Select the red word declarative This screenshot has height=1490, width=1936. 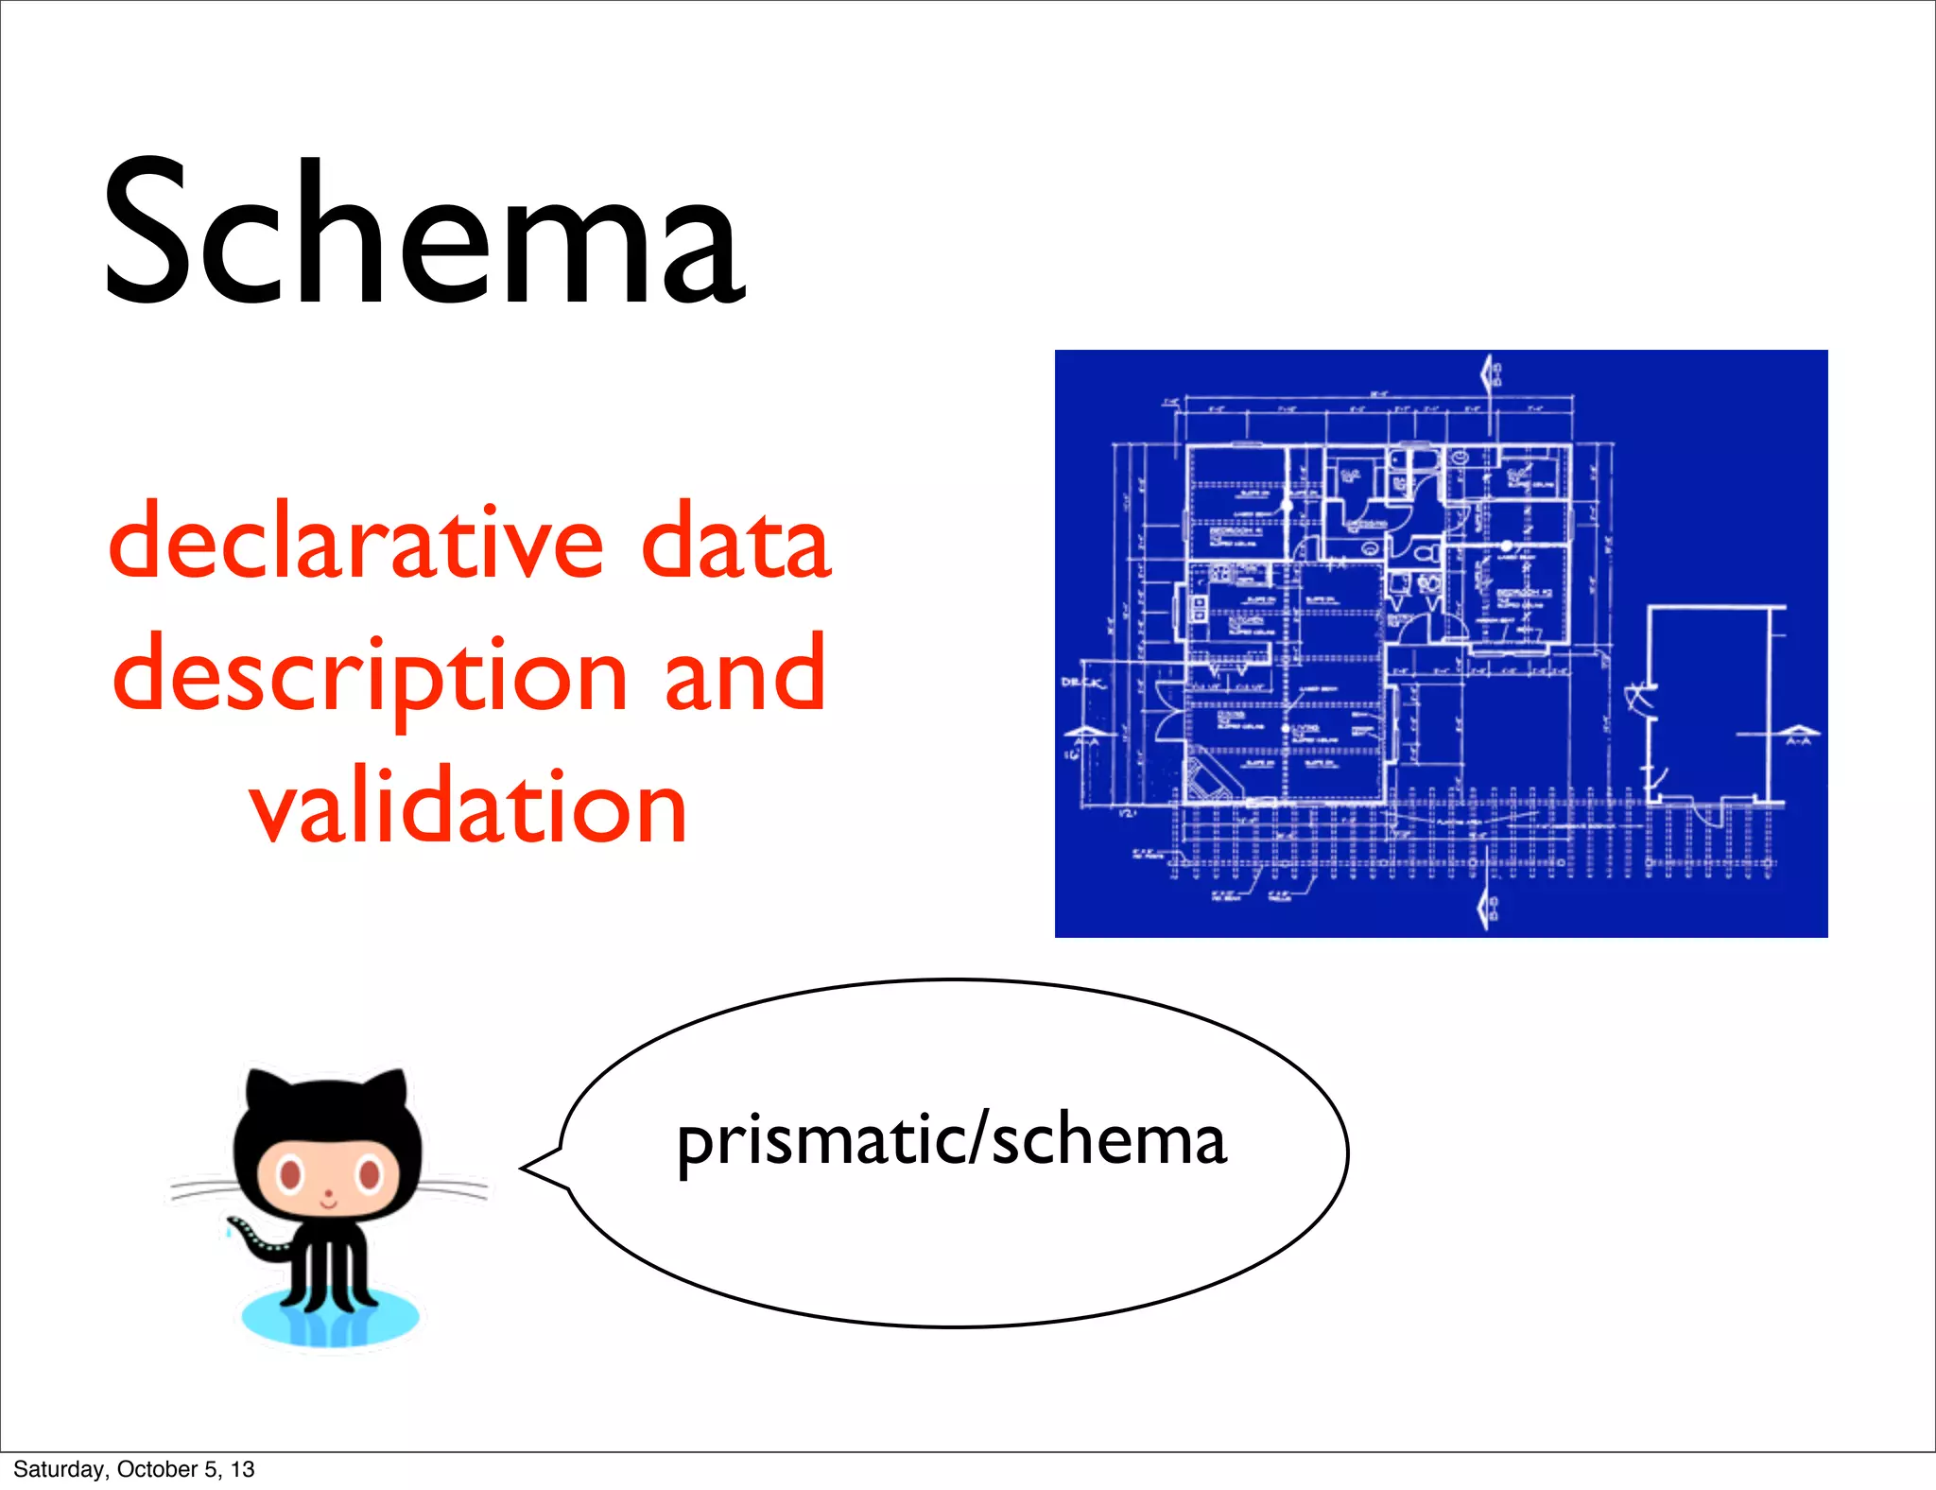[356, 542]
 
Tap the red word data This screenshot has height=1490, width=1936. [735, 542]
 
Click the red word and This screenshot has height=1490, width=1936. [745, 673]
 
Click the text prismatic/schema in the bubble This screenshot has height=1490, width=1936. [951, 1141]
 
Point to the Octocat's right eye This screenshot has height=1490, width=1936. [369, 1175]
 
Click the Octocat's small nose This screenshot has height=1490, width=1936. [328, 1193]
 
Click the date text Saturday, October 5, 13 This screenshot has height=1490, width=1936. [133, 1469]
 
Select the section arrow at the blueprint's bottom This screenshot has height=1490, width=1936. [1485, 910]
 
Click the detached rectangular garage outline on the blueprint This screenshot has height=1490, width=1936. [1709, 704]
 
